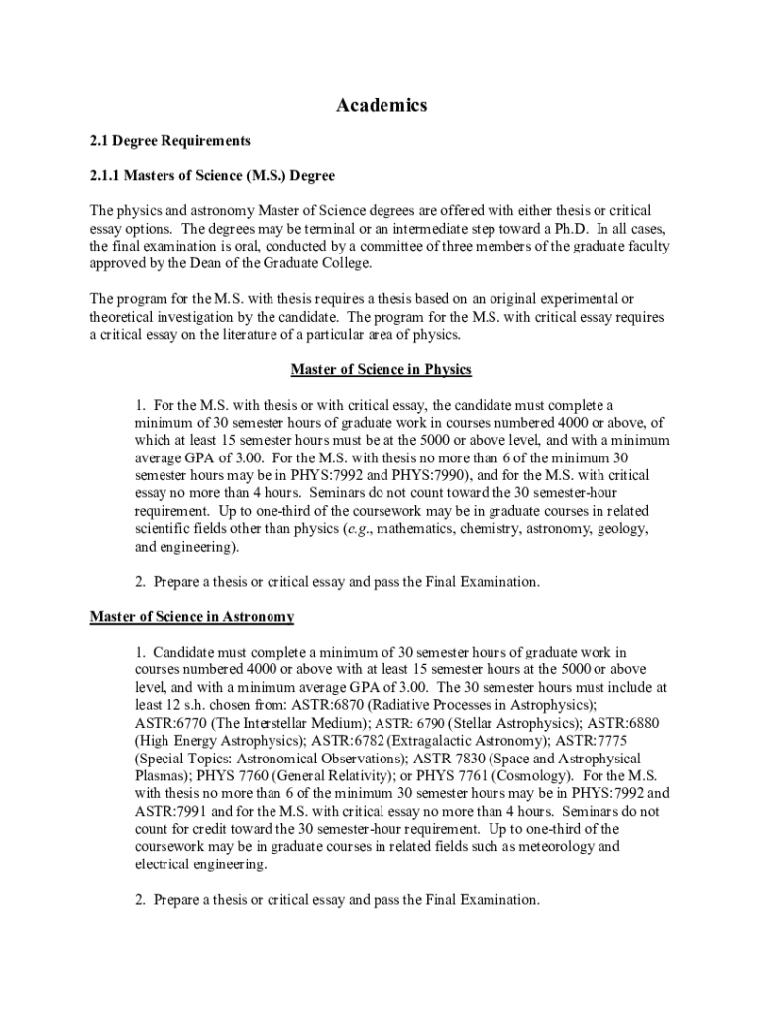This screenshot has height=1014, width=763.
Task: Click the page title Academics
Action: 381,105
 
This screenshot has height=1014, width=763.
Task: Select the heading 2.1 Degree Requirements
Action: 156,141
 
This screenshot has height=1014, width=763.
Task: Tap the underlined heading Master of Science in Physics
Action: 381,370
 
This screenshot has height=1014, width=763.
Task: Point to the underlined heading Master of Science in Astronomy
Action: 192,617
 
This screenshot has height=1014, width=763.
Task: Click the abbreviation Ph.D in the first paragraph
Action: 565,229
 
